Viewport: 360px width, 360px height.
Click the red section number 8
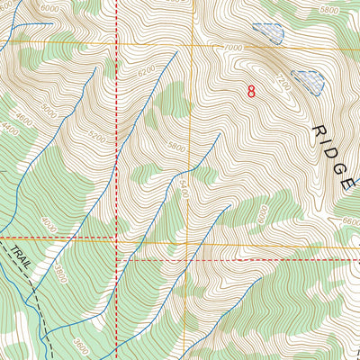(x=250, y=91)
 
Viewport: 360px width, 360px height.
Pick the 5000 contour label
(x=50, y=114)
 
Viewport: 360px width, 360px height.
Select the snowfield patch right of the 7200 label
(x=309, y=81)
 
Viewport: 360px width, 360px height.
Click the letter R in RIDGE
(x=319, y=131)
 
